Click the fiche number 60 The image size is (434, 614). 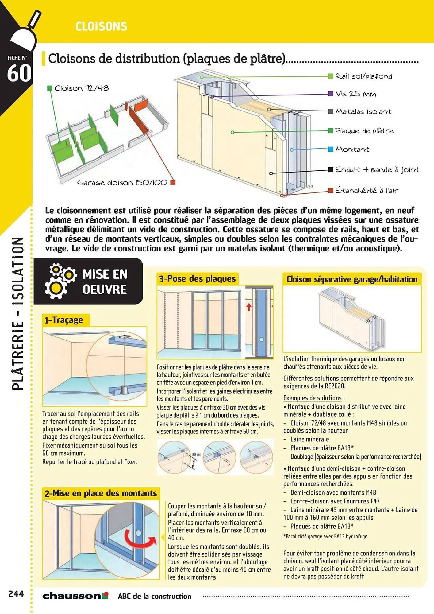[19, 73]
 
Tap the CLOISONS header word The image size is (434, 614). [101, 27]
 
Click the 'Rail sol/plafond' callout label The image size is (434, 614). [363, 76]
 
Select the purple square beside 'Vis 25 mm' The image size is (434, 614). [331, 94]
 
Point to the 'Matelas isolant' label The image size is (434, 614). [363, 111]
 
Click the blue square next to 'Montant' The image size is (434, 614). [331, 149]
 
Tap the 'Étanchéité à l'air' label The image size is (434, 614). [367, 191]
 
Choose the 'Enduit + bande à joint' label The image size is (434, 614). [377, 169]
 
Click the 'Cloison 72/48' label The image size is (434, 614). [81, 88]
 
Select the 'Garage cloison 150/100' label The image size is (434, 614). [122, 182]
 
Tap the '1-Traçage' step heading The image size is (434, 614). [63, 320]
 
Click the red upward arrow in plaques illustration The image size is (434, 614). [249, 307]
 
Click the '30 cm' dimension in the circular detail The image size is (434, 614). [197, 454]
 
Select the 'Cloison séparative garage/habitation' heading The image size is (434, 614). [352, 279]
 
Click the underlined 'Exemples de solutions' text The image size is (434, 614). [312, 398]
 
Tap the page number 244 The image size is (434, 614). [16, 594]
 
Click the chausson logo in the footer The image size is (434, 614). [75, 596]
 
